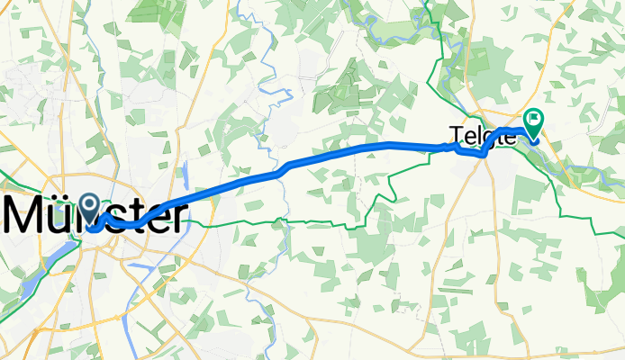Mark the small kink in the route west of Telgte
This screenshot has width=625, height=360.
[456, 148]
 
